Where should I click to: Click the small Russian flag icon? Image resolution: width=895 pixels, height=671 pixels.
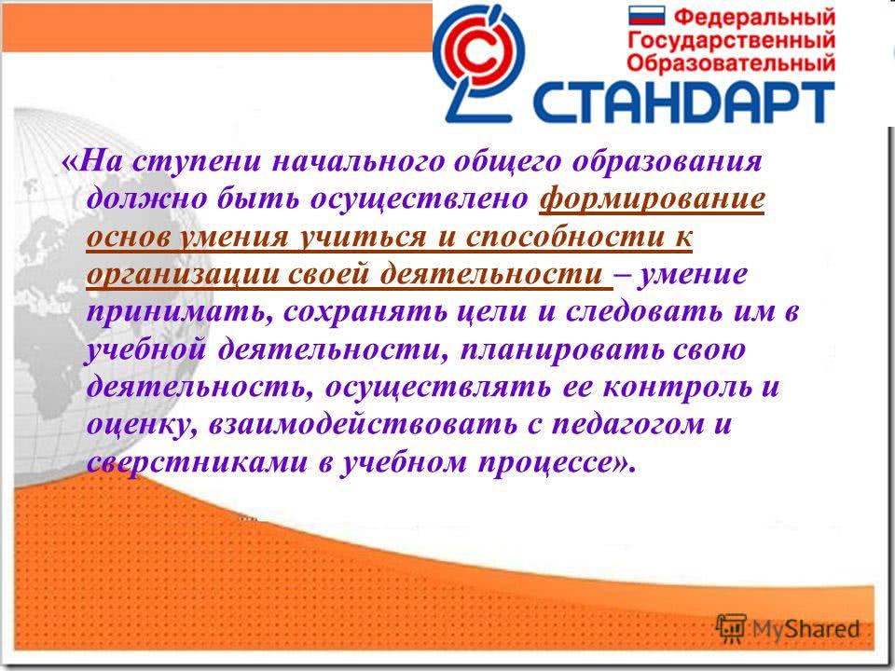pyautogui.click(x=647, y=16)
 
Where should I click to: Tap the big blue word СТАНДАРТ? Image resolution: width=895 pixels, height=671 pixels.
pyautogui.click(x=683, y=103)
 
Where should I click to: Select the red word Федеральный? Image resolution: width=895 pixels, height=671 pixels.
pyautogui.click(x=754, y=17)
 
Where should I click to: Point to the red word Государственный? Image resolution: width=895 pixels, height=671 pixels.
pyautogui.click(x=731, y=41)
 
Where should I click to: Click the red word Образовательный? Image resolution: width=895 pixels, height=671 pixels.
pyautogui.click(x=731, y=62)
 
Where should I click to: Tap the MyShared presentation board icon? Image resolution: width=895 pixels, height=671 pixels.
pyautogui.click(x=731, y=629)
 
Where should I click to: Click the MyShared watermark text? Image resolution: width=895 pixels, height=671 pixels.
pyautogui.click(x=805, y=629)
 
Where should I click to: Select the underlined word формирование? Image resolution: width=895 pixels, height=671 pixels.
pyautogui.click(x=652, y=199)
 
